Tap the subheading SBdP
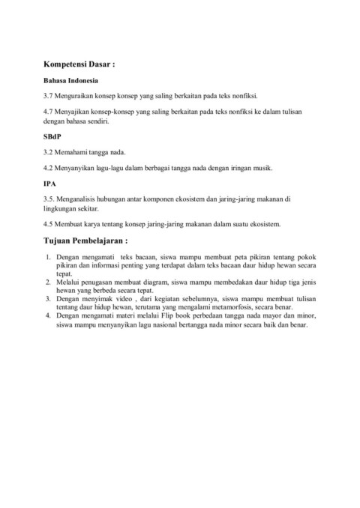pyautogui.click(x=54, y=137)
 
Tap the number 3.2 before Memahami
pyautogui.click(x=49, y=152)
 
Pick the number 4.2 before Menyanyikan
pyautogui.click(x=49, y=168)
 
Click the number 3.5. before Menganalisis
pyautogui.click(x=50, y=199)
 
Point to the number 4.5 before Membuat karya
pyautogui.click(x=49, y=224)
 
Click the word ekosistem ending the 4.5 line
pyautogui.click(x=265, y=224)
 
